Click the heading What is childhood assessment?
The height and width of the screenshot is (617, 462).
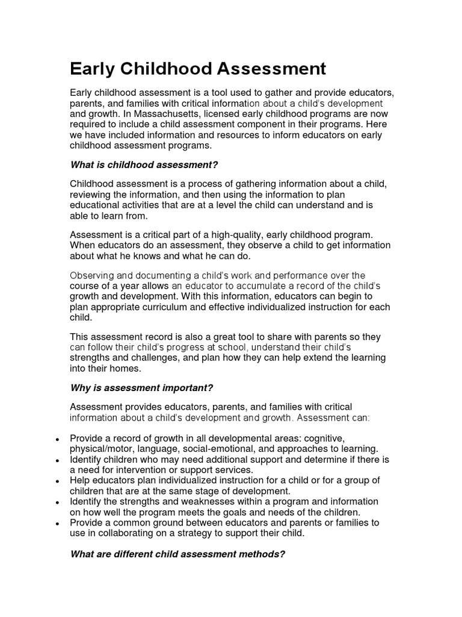coord(144,164)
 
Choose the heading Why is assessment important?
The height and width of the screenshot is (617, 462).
coord(141,387)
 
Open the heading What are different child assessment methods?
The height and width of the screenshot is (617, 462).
coord(177,554)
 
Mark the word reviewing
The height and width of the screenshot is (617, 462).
coord(93,194)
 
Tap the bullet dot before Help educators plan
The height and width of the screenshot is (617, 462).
coord(57,481)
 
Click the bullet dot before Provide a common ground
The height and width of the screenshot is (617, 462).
coord(57,524)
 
